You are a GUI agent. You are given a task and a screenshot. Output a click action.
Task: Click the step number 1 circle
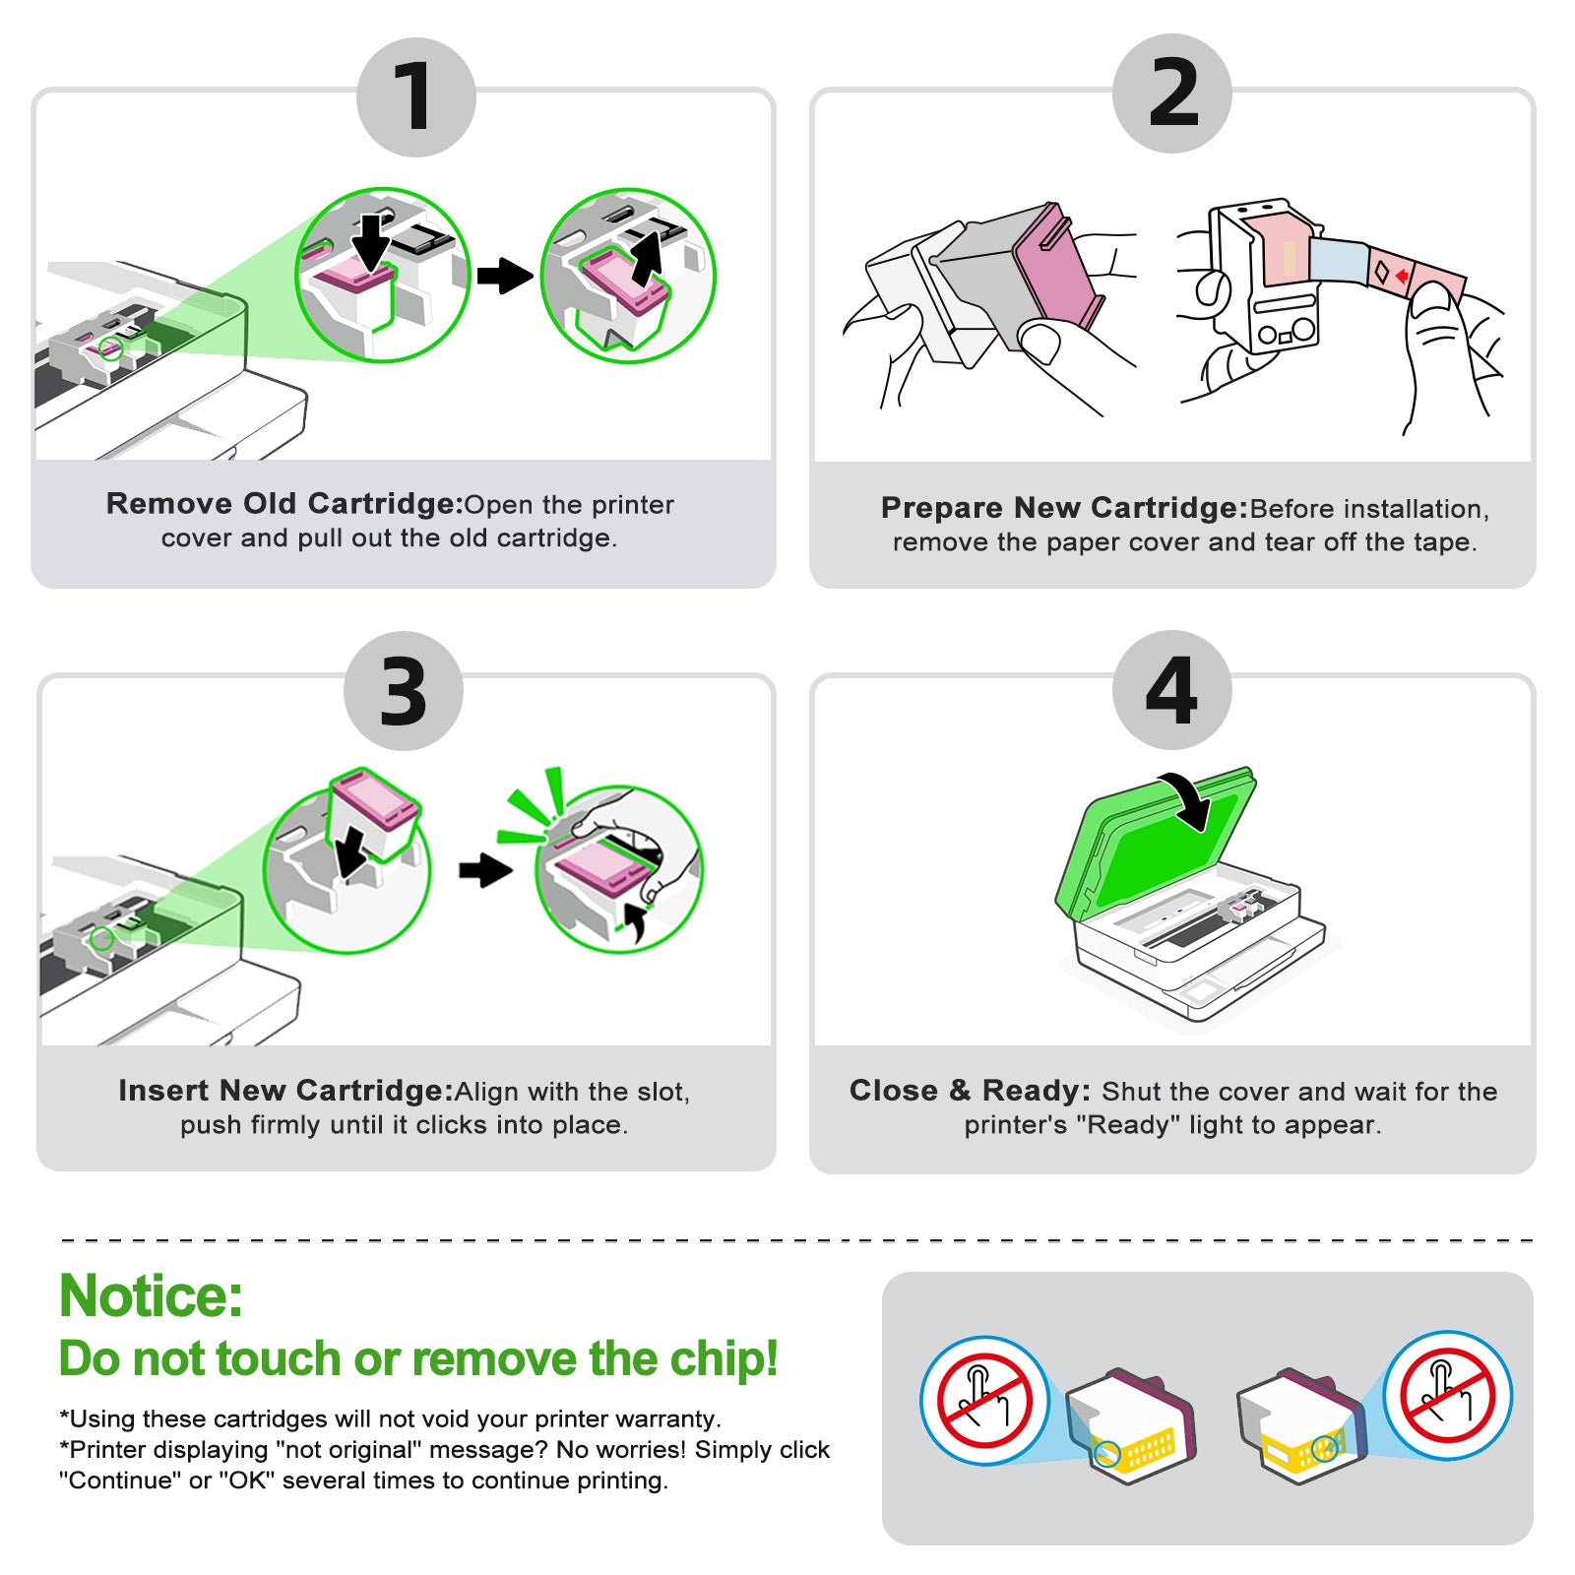[x=415, y=96]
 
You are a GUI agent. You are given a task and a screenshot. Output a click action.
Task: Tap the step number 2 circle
[x=1171, y=94]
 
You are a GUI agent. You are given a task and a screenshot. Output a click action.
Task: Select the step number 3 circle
[x=404, y=691]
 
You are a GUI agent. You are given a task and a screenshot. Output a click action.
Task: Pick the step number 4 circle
[x=1171, y=689]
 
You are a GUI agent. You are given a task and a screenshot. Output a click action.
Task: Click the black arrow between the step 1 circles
[x=504, y=276]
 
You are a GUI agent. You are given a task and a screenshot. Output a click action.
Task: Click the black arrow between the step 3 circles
[x=486, y=869]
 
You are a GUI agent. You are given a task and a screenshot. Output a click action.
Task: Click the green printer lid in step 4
[x=1152, y=847]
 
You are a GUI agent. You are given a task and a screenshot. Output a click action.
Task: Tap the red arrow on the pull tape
[x=1402, y=277]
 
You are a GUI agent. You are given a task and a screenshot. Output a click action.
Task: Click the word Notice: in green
[x=151, y=1295]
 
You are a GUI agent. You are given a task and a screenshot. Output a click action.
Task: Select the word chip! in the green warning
[x=724, y=1359]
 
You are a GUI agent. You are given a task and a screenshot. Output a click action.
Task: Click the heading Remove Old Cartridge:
[x=284, y=504]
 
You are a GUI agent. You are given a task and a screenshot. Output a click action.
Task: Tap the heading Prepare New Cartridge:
[x=1064, y=508]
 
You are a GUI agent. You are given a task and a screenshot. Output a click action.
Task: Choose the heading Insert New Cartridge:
[x=285, y=1091]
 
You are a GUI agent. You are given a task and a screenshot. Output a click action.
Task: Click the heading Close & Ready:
[x=970, y=1091]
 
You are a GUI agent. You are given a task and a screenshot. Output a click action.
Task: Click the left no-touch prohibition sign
[x=984, y=1400]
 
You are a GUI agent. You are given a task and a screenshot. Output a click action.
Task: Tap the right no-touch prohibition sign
[x=1447, y=1396]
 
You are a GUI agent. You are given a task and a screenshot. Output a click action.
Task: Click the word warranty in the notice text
[x=668, y=1419]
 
